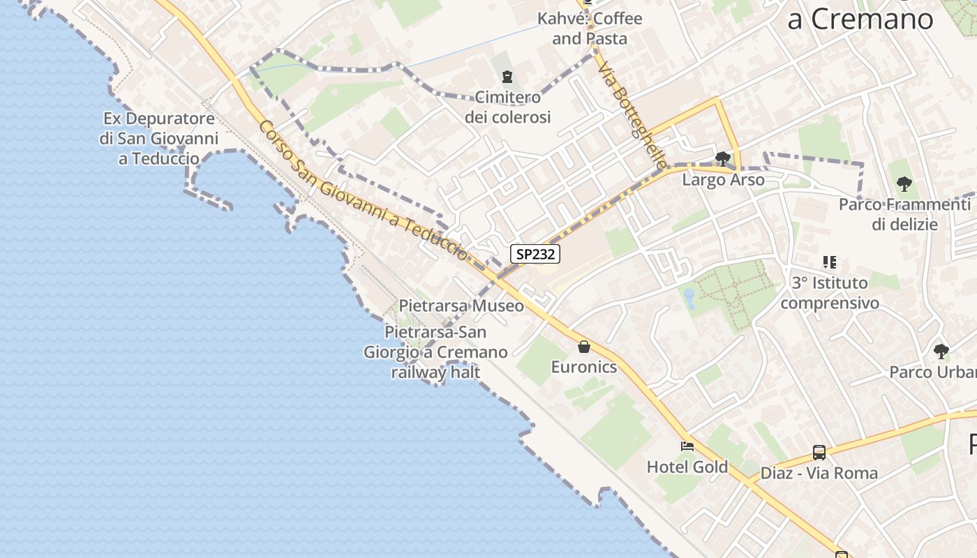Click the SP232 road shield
click(x=536, y=254)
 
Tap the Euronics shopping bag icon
click(x=584, y=346)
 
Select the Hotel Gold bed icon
click(x=687, y=446)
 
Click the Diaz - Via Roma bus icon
click(x=819, y=453)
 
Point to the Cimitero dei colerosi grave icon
click(x=507, y=77)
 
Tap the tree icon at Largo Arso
click(x=723, y=159)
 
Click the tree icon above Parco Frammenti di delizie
click(x=904, y=185)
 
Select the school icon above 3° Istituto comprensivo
click(x=830, y=262)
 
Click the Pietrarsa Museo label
click(x=461, y=306)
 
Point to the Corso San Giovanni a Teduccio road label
click(x=363, y=190)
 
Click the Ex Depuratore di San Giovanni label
click(x=159, y=138)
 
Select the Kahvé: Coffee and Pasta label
click(x=590, y=29)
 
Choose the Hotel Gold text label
click(x=687, y=467)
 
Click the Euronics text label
click(x=584, y=367)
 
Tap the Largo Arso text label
click(x=723, y=180)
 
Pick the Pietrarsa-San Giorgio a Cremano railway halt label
click(x=435, y=352)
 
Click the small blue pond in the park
click(x=689, y=298)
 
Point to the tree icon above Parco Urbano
click(x=941, y=351)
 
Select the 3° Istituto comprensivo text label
click(x=830, y=293)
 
